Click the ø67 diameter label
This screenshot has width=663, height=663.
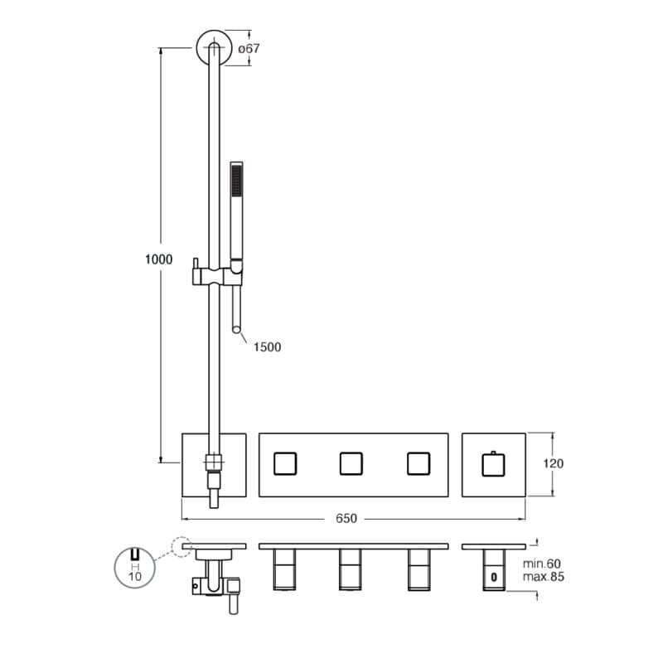click(x=249, y=49)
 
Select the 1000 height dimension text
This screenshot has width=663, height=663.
click(x=158, y=259)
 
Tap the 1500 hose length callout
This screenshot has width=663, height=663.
click(x=267, y=347)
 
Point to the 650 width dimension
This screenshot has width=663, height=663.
click(x=346, y=519)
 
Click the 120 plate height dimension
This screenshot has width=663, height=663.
click(x=553, y=464)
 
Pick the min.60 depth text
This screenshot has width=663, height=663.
click(x=542, y=564)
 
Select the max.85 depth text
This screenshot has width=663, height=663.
click(x=544, y=577)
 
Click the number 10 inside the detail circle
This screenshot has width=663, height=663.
click(x=135, y=576)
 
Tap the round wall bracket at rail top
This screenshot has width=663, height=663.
click(x=215, y=47)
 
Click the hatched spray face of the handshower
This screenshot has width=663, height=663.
click(x=236, y=181)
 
